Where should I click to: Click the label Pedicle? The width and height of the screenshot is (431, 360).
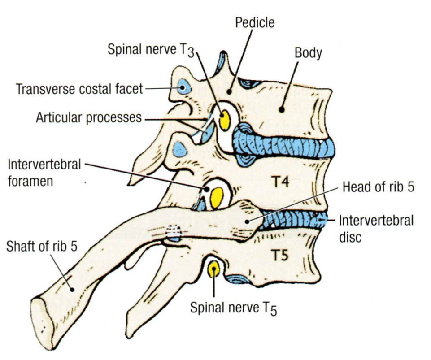(255, 22)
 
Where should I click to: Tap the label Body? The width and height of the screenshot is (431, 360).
(308, 53)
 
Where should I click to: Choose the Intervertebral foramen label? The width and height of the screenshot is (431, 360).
(44, 172)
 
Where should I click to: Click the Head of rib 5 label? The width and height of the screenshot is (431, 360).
(377, 187)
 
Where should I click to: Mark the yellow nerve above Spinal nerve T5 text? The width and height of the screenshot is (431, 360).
(213, 269)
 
